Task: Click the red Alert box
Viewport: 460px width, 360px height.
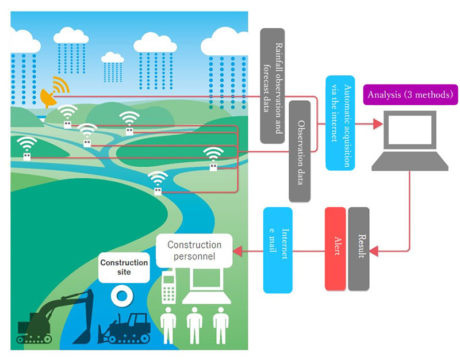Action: coord(335,248)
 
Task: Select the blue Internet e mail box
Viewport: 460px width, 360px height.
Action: coord(278,250)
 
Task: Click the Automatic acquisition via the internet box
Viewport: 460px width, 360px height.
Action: coord(340,122)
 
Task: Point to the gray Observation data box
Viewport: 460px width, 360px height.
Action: coord(300,151)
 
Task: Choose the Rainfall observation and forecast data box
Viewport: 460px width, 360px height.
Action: coord(271,86)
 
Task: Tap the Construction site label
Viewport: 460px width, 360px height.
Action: coord(124,267)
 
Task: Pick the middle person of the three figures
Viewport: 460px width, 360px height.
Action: coord(194,325)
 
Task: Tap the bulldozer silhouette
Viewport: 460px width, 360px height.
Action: coord(126,328)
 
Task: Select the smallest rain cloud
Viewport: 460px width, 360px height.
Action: coord(112,57)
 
